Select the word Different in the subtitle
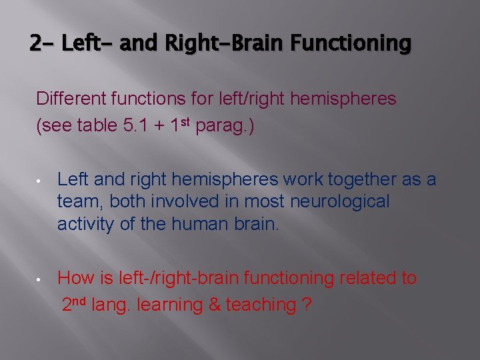[68, 99]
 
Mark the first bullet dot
[41, 181]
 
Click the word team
[79, 202]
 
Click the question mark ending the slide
[306, 305]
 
